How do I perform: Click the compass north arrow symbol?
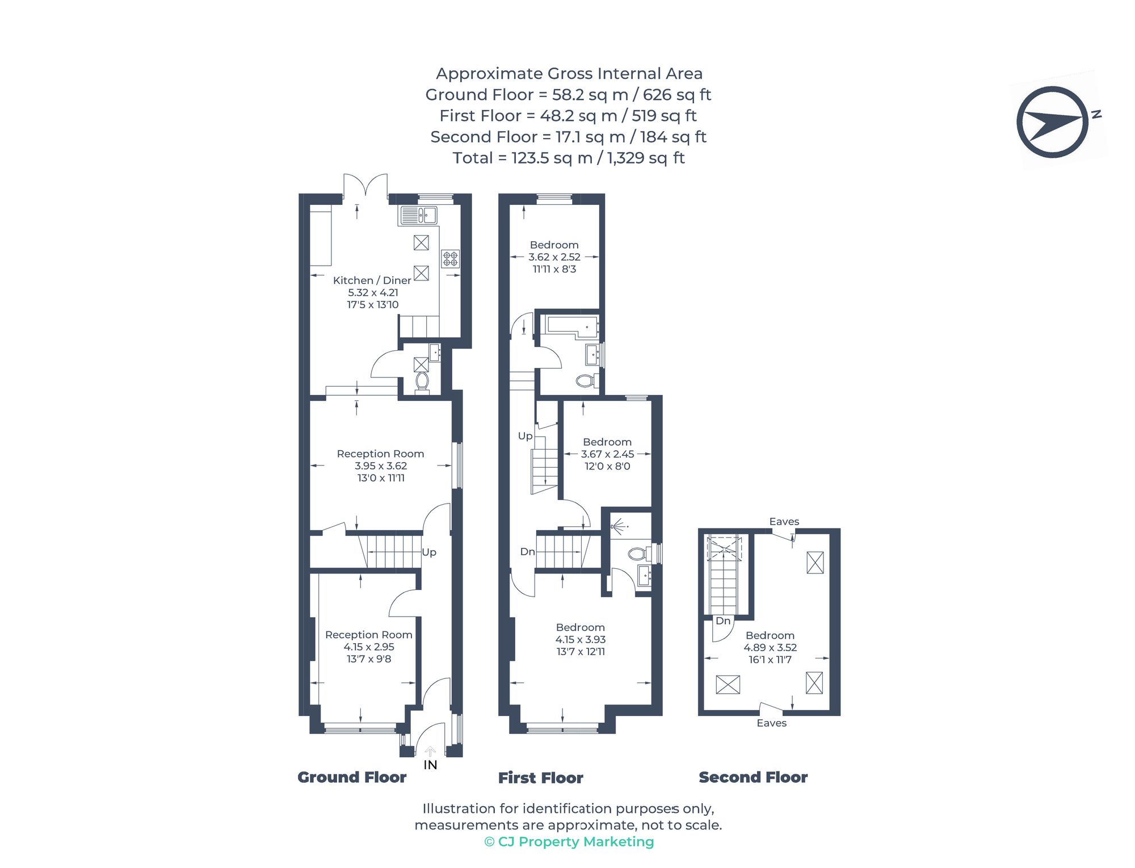coord(1053,122)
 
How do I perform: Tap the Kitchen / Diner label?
coord(372,280)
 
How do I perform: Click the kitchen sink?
coord(419,216)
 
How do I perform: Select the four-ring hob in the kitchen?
coord(451,259)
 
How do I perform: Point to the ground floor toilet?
coord(422,381)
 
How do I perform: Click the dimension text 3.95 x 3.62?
coord(381,466)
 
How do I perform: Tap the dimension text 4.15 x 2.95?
coord(369,647)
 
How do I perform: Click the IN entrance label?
coord(430,765)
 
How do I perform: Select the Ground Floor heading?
coord(352,777)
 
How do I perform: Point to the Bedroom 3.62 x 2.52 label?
coord(554,245)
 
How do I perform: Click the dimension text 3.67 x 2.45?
coord(607,454)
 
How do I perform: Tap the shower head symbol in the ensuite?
coord(619,527)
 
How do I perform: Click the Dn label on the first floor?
coord(527,552)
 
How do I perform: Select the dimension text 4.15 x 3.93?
coord(581,640)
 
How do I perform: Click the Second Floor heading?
coord(753,777)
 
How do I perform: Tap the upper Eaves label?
coord(784,522)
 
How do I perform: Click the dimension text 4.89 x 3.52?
coord(770,648)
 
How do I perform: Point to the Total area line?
coord(569,158)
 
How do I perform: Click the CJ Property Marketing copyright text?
coord(569,842)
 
